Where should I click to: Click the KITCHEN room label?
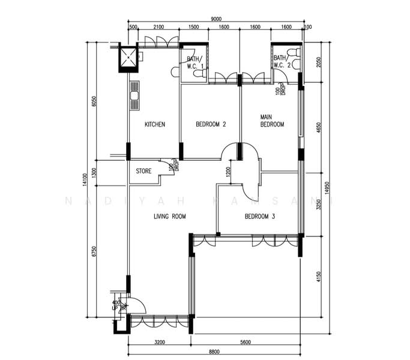[x=155, y=125]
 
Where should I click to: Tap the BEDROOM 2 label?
[x=211, y=125]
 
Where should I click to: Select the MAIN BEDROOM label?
[x=271, y=121]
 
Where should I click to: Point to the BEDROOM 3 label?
[x=259, y=217]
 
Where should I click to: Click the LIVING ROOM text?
[x=170, y=217]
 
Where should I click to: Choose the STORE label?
[x=143, y=170]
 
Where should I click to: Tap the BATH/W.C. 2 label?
[x=282, y=61]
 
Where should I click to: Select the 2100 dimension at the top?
[x=158, y=28]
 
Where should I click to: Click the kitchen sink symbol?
[x=134, y=95]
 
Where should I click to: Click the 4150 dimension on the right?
[x=318, y=277]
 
